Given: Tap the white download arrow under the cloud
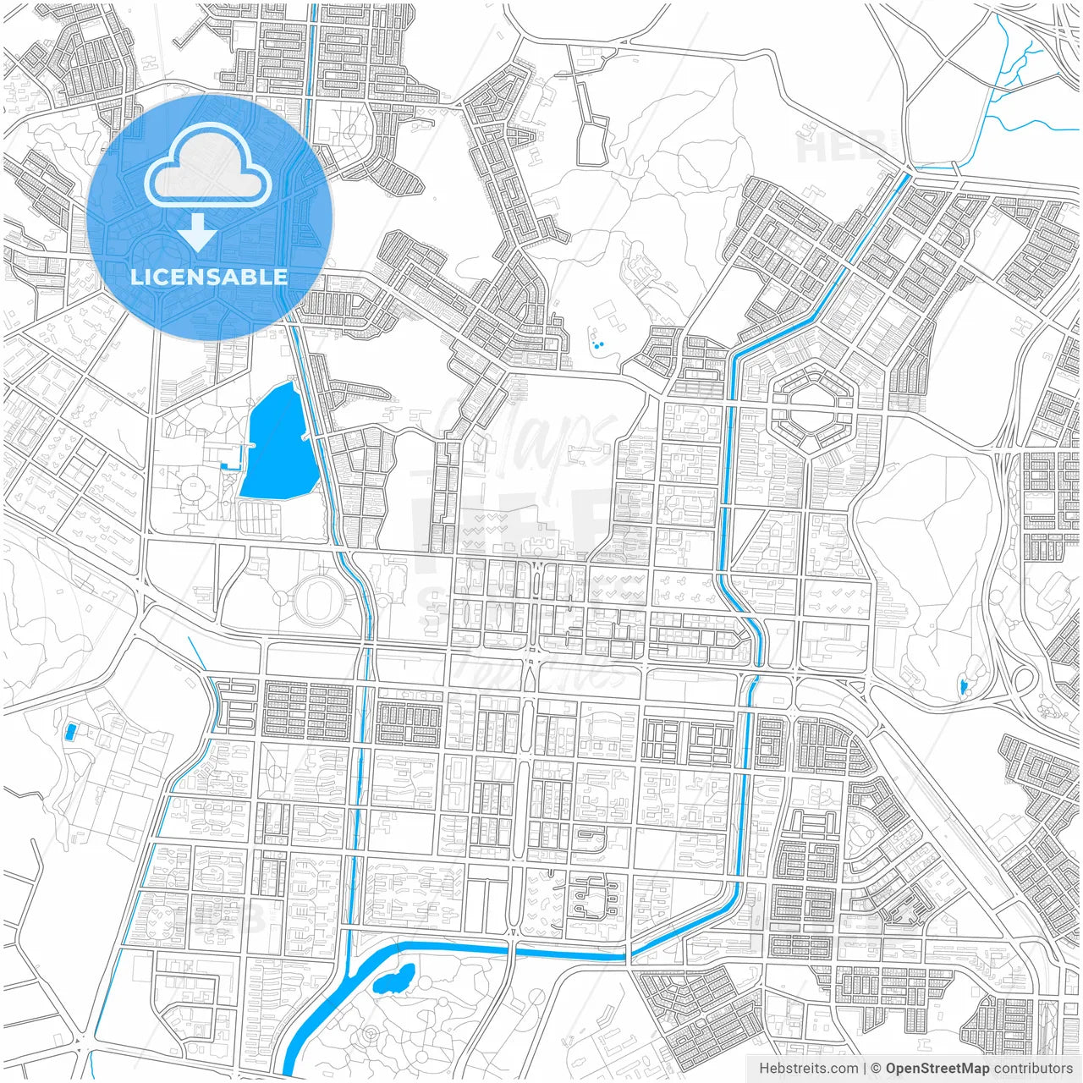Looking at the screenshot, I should [x=198, y=232].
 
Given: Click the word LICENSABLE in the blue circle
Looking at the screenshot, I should [x=209, y=277].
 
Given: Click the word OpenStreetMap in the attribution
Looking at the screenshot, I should [x=937, y=1069].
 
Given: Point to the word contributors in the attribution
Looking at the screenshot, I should [x=1032, y=1069].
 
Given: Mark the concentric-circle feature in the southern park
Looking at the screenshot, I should [x=371, y=1035].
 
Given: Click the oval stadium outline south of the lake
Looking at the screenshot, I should [x=319, y=599].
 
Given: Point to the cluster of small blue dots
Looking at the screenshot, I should [x=598, y=344].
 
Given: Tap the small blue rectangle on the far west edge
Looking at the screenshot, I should [x=70, y=729].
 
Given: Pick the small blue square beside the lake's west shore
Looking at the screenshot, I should [x=225, y=464].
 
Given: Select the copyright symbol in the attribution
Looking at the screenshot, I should [x=876, y=1069].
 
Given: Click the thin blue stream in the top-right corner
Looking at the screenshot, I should [x=1007, y=76].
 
